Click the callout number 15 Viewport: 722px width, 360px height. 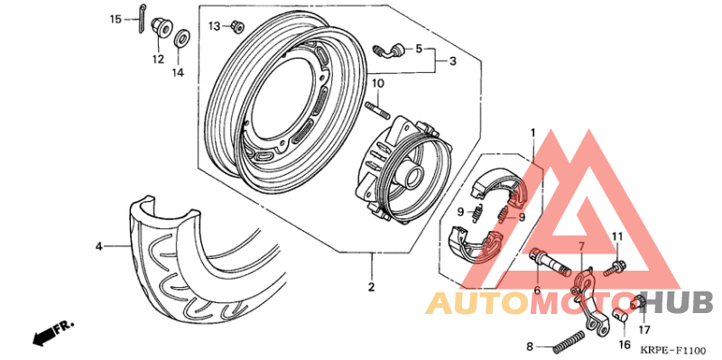click(116, 19)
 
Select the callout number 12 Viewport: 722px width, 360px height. click(158, 60)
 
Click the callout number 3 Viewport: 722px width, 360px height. click(453, 60)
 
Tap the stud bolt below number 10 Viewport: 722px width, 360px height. click(378, 111)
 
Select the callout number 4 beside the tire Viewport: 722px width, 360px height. click(100, 245)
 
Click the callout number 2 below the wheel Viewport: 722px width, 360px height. click(371, 288)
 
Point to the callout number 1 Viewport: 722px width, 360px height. click(532, 133)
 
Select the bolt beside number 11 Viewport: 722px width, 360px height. click(617, 267)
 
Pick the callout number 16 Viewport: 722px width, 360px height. click(624, 344)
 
